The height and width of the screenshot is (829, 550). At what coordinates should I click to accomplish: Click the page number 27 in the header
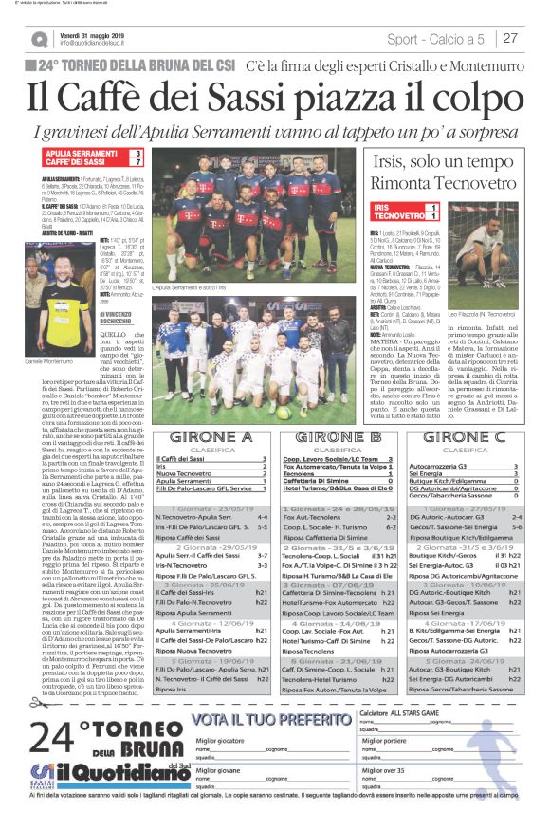510,38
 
